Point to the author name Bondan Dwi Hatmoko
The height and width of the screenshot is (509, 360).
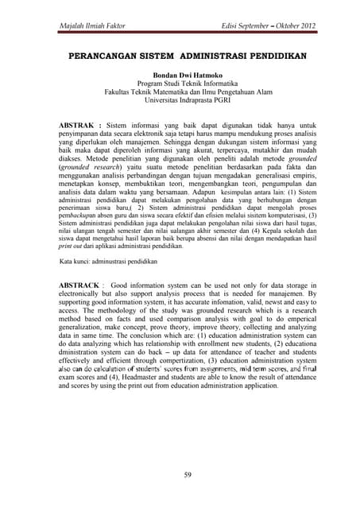(180, 75)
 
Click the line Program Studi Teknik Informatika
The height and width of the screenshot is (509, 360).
(180, 84)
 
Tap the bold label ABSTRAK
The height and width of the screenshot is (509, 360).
(78, 126)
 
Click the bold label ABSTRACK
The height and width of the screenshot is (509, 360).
(80, 284)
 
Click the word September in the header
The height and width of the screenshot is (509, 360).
(236, 28)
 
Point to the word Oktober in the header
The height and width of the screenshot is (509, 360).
(273, 28)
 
